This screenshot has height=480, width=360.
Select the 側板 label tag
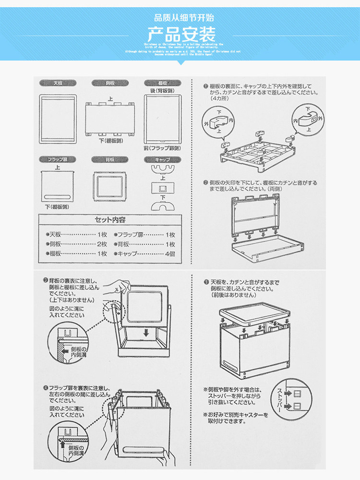tap(110, 83)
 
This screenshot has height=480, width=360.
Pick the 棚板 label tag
tap(162, 83)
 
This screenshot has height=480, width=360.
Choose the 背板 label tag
tap(110, 160)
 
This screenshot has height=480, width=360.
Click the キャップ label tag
tap(162, 160)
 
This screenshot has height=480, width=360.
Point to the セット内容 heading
tap(110, 220)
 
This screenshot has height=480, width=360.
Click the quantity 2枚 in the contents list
tap(102, 244)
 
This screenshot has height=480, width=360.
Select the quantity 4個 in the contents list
tap(170, 253)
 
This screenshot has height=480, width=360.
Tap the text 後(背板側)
tap(162, 90)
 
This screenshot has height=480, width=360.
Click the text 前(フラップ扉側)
tap(162, 148)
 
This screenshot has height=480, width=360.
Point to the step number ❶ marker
tap(205, 86)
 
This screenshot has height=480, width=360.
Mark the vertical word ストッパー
tap(279, 398)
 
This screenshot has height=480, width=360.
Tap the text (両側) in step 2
tap(274, 189)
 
